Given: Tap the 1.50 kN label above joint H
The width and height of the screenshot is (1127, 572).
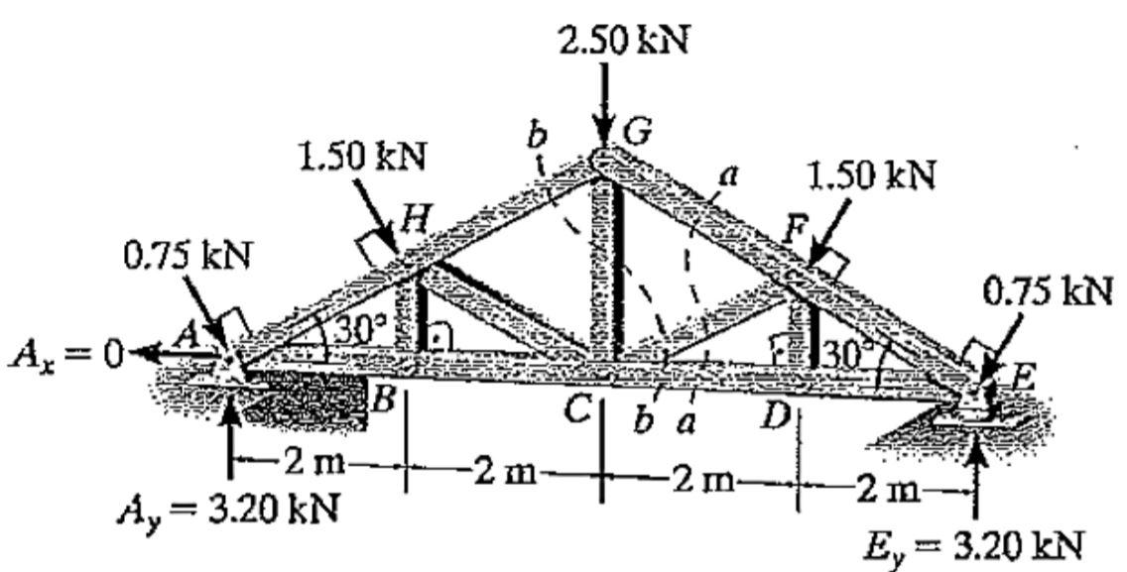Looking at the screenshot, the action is (x=363, y=156).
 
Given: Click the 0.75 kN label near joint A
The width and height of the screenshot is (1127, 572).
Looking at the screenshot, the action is (x=188, y=256).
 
